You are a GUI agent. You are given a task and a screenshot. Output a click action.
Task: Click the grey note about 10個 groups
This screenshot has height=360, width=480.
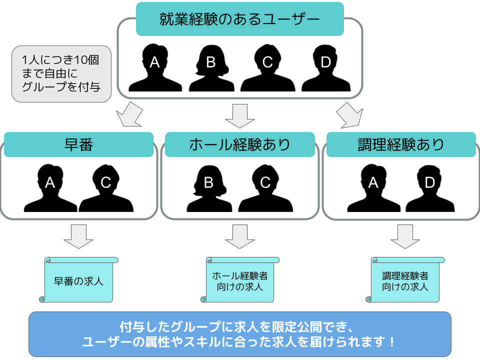[61, 73]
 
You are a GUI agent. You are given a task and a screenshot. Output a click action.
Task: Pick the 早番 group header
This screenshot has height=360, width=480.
[79, 144]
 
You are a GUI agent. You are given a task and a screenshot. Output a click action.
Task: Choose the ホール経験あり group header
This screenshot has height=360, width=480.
[239, 144]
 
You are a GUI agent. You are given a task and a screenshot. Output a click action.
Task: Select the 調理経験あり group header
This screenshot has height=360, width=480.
[400, 144]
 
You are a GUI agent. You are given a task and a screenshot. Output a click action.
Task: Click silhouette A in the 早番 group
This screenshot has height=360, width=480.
[50, 188]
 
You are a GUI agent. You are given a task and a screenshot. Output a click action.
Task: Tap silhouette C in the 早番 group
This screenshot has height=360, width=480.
[105, 188]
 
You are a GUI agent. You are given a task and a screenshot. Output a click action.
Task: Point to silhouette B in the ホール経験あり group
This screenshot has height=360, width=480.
[209, 188]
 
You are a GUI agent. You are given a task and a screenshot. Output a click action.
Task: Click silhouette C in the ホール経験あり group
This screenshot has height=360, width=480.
[265, 188]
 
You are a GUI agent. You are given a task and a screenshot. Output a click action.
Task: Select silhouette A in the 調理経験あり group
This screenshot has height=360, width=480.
[373, 188]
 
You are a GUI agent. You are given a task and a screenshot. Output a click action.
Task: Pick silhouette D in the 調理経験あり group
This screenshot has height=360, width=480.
[429, 188]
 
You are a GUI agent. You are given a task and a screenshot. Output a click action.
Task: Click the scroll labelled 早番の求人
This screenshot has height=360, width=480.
[78, 280]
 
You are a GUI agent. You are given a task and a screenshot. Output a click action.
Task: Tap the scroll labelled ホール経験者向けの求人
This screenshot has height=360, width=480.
[240, 280]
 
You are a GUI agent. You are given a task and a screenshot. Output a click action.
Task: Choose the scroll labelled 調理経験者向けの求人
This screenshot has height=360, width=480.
[405, 280]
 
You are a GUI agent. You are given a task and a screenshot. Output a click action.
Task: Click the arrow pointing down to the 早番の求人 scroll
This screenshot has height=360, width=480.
[78, 236]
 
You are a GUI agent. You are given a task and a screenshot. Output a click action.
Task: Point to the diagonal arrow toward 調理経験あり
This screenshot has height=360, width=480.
[348, 115]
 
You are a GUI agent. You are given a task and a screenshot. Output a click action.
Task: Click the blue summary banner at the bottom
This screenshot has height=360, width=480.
[240, 334]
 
